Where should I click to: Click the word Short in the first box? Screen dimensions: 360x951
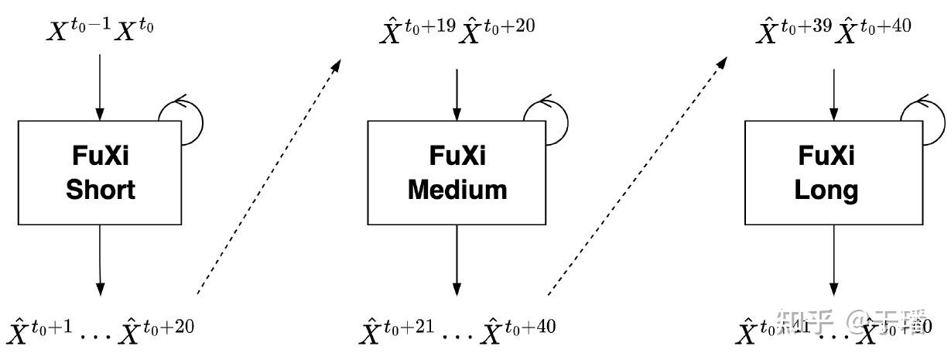101,190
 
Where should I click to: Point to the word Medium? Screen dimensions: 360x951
457,190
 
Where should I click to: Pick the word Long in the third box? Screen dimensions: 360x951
826,190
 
